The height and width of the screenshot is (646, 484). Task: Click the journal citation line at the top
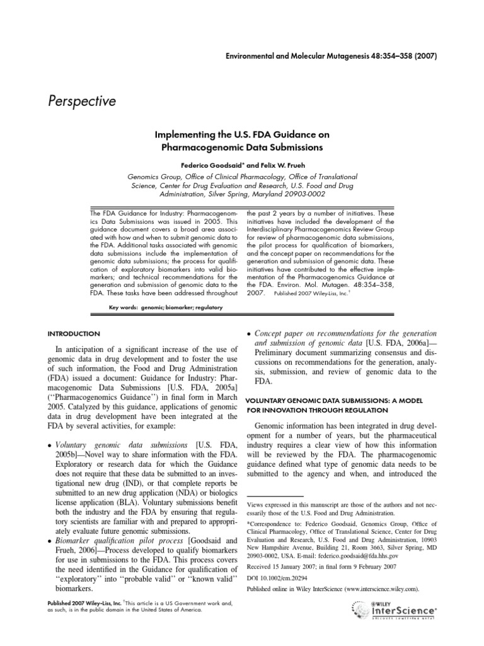coord(331,56)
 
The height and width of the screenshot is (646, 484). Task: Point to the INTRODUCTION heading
coord(74,333)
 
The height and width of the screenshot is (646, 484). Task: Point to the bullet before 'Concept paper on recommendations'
coord(249,333)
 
